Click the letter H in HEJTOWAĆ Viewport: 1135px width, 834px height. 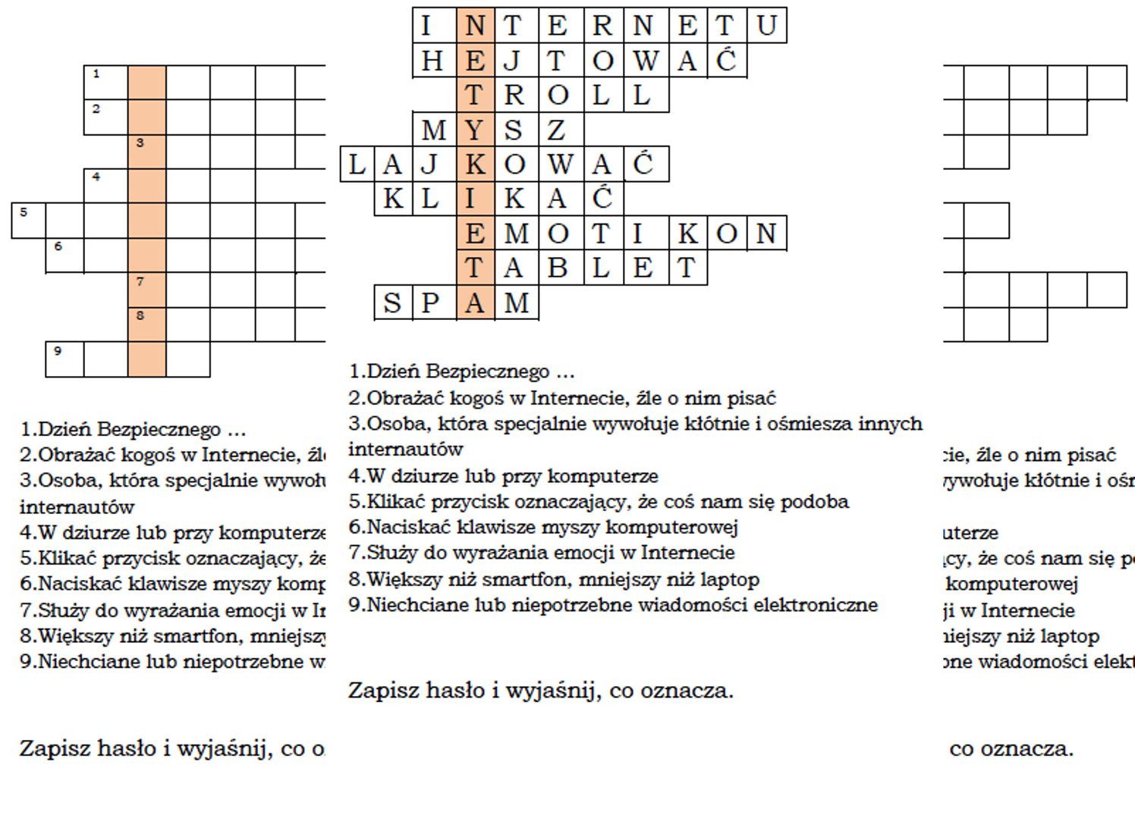coord(433,61)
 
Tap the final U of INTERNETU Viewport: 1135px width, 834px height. coord(766,26)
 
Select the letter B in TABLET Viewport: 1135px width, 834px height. coord(558,268)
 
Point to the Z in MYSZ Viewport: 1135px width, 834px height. coord(557,130)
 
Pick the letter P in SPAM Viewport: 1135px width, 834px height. coord(430,303)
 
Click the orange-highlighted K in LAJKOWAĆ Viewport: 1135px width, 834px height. coord(476,165)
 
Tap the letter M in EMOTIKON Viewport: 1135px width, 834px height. coord(517,234)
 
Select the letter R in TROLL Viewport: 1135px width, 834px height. coord(514,96)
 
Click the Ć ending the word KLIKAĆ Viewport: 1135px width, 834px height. coord(602,199)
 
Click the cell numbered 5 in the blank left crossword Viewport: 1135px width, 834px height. coord(28,220)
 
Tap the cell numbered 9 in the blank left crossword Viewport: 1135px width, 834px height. coord(64,359)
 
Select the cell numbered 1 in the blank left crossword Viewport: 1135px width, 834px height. coord(105,83)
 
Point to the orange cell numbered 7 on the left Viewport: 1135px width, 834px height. coord(146,290)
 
